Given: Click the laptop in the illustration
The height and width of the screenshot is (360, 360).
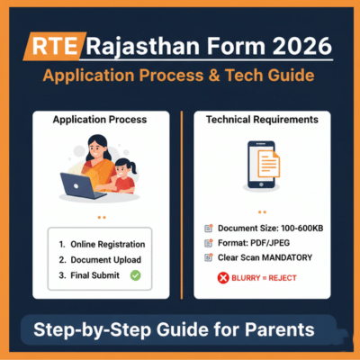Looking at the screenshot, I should coord(84,186).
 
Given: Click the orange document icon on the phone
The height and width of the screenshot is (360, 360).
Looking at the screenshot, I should coord(268,165).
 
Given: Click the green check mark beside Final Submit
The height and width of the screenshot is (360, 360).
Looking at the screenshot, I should coord(136,274).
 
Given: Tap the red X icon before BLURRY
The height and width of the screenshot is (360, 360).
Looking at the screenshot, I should coord(221,278).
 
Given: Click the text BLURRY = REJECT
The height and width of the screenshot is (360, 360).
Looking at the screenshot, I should coord(264,278).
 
